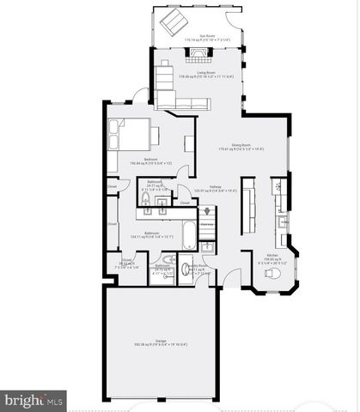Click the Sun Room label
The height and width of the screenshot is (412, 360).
point(206,37)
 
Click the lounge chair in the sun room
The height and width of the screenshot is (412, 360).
point(178,21)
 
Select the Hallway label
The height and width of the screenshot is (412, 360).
point(214,189)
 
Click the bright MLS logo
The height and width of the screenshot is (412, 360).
point(34,399)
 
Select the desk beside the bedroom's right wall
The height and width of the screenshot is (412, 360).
point(188,147)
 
